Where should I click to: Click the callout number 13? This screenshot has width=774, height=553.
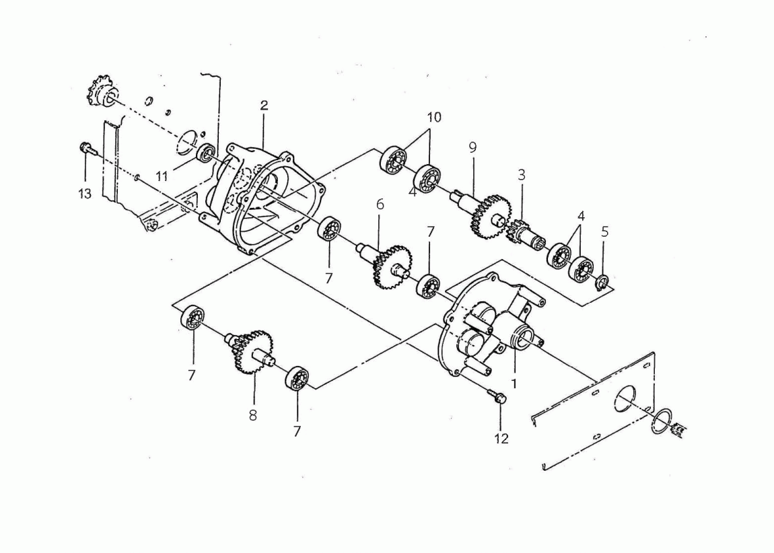85,194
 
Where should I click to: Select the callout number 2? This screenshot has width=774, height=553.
264,105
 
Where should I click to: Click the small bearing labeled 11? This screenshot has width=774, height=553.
205,153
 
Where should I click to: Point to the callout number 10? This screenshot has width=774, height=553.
434,118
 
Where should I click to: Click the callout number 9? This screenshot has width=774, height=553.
472,147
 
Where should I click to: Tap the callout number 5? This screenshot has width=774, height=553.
605,231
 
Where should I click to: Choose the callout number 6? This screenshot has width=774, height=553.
380,205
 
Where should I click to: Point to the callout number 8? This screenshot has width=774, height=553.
253,415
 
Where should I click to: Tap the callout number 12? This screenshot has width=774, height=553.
501,439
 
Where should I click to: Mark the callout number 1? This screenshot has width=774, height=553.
514,383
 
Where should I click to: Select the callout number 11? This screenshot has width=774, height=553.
162,176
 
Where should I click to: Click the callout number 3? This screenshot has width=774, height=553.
521,175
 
